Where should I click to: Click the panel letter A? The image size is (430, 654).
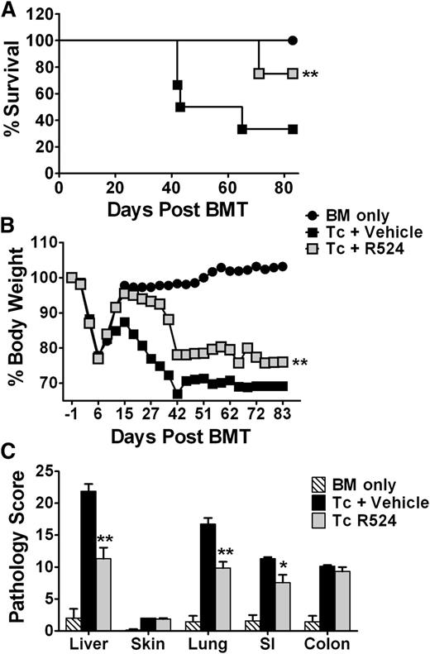11,10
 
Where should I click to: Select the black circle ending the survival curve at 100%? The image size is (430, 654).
293,40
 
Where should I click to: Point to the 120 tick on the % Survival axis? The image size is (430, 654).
40,14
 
